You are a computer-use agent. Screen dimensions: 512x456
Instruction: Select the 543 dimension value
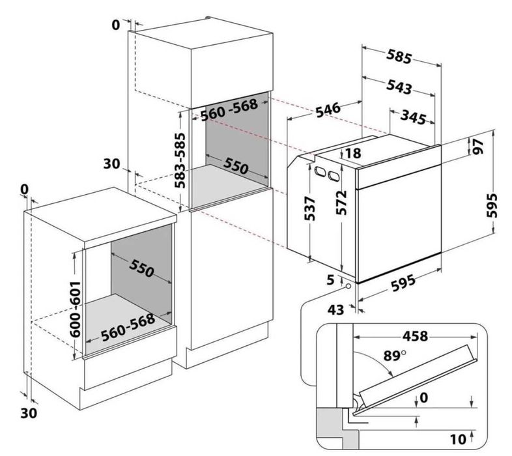click(399, 87)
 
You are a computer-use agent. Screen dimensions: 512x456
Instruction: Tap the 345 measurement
click(414, 117)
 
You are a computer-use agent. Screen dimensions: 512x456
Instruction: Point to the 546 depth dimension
click(328, 109)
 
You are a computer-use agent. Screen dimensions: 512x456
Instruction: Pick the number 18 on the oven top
click(352, 153)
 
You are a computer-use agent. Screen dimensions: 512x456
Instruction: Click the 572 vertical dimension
click(341, 203)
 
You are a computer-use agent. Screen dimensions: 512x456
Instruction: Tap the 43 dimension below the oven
click(335, 309)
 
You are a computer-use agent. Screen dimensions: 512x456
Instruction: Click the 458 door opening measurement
click(415, 335)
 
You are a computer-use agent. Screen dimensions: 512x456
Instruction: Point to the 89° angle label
click(395, 356)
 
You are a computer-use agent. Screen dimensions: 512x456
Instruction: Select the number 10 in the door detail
click(458, 439)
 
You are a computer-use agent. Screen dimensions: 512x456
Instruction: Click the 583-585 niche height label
click(180, 160)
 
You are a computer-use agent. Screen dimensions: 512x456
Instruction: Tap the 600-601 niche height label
click(75, 309)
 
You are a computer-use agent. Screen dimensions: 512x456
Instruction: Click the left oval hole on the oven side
click(320, 172)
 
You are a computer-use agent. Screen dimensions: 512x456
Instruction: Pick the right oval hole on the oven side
click(334, 176)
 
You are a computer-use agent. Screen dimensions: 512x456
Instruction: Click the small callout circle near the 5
click(348, 287)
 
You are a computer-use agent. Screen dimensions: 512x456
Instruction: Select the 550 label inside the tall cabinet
click(236, 166)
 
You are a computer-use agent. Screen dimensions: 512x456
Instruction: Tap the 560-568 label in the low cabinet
click(128, 327)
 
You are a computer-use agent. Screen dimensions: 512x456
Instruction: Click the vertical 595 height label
click(492, 205)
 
